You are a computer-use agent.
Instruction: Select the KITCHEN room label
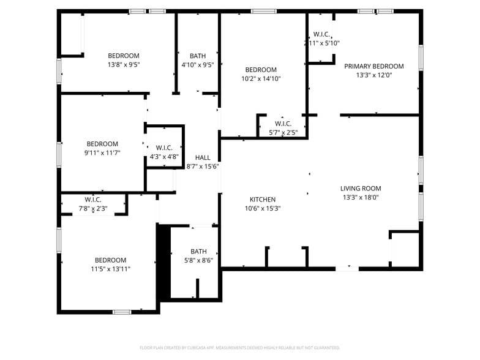262,200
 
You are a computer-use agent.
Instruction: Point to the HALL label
202,157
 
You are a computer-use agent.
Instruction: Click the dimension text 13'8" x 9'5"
124,64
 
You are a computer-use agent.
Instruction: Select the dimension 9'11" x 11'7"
102,153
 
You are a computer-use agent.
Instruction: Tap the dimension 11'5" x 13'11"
110,269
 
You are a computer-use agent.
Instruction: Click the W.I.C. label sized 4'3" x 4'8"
164,148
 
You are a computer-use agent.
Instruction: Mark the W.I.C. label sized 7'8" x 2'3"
92,200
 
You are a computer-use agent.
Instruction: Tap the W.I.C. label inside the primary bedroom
321,34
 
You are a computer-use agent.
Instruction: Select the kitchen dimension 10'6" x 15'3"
262,208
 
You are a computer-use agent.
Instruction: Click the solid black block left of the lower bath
163,262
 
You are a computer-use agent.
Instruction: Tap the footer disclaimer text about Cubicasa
239,347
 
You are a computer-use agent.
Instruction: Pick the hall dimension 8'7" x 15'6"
202,166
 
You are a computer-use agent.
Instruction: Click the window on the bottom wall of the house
122,312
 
